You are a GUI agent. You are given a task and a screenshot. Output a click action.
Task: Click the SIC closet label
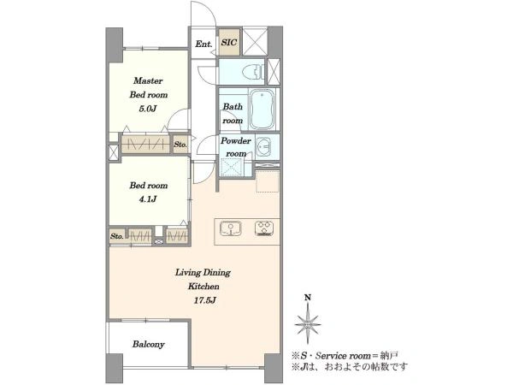229,43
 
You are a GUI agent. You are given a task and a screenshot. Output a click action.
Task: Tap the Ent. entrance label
203,44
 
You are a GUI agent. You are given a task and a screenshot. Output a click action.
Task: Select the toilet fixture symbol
254,71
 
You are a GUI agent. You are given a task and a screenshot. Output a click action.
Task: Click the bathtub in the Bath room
262,109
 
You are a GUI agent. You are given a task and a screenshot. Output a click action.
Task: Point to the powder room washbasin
263,146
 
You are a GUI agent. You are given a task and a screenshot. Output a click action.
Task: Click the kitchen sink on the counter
231,228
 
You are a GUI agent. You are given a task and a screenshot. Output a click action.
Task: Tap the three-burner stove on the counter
264,228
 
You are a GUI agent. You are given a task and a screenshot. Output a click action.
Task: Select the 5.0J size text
148,109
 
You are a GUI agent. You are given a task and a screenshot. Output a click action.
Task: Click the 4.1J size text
148,199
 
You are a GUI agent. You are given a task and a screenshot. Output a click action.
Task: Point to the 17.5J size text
204,300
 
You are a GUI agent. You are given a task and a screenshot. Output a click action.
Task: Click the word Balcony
148,344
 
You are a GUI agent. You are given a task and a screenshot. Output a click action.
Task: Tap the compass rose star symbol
308,324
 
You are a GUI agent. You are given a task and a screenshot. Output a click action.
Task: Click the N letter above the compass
308,298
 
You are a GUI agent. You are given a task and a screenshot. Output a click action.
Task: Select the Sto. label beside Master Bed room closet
180,145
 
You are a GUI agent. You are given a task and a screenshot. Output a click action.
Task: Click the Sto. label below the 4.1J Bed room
117,236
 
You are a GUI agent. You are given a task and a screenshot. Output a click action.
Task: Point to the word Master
148,80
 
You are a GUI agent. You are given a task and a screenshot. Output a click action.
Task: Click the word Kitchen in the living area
203,287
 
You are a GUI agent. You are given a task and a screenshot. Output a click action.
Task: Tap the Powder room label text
236,147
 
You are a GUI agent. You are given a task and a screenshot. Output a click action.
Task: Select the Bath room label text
233,113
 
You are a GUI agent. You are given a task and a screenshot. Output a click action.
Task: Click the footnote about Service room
345,356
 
